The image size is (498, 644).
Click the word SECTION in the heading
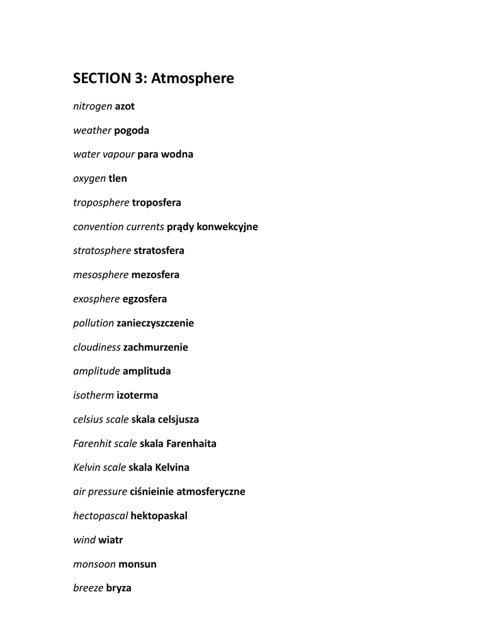tap(101, 79)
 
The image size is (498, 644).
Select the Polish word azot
tap(125, 106)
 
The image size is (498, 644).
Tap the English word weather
tap(92, 130)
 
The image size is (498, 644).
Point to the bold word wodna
tap(177, 154)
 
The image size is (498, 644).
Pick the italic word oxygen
tap(89, 179)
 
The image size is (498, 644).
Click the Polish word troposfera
tap(156, 203)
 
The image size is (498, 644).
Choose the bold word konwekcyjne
tap(227, 226)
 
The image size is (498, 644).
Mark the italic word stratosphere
tap(102, 250)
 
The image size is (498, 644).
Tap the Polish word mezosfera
tap(155, 275)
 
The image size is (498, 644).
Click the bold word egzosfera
tap(145, 299)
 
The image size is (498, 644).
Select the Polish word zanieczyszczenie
tap(155, 323)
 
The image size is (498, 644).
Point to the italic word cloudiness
tap(96, 347)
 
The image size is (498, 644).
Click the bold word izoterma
tap(137, 395)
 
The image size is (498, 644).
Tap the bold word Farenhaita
tap(191, 443)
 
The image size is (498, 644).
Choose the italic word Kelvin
tap(87, 467)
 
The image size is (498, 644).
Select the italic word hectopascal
tap(100, 516)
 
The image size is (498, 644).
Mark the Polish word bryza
tap(118, 588)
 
